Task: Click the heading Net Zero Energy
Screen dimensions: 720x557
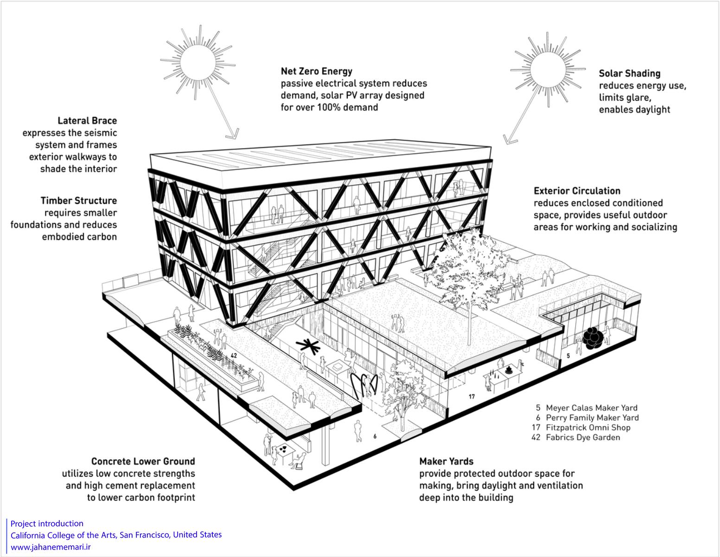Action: pyautogui.click(x=317, y=71)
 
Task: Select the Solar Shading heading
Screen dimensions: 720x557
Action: pyautogui.click(x=630, y=74)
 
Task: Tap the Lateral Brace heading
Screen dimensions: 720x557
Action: pyautogui.click(x=87, y=121)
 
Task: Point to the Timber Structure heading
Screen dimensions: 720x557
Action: pyautogui.click(x=79, y=201)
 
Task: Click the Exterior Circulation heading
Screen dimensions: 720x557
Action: pyautogui.click(x=577, y=191)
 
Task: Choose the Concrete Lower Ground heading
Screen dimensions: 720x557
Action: pyautogui.click(x=143, y=461)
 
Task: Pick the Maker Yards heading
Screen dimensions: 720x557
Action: pyautogui.click(x=446, y=461)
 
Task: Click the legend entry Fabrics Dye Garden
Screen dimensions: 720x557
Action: pyautogui.click(x=583, y=438)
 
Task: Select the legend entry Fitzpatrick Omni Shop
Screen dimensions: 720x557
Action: pyautogui.click(x=588, y=427)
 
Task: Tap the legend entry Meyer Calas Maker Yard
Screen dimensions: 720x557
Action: pyautogui.click(x=592, y=408)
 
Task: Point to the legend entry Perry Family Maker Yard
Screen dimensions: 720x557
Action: pyautogui.click(x=593, y=418)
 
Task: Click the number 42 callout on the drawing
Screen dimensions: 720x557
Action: pyautogui.click(x=234, y=356)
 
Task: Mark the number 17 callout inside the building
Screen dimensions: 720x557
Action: pyautogui.click(x=472, y=396)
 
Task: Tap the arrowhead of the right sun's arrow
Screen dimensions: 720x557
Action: pyautogui.click(x=509, y=140)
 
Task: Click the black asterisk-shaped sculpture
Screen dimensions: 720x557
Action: pyautogui.click(x=308, y=347)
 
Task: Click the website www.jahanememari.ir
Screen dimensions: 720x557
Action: pyautogui.click(x=51, y=547)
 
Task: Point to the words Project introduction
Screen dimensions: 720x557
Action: pyautogui.click(x=47, y=524)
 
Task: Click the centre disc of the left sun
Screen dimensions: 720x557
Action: pyautogui.click(x=198, y=62)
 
